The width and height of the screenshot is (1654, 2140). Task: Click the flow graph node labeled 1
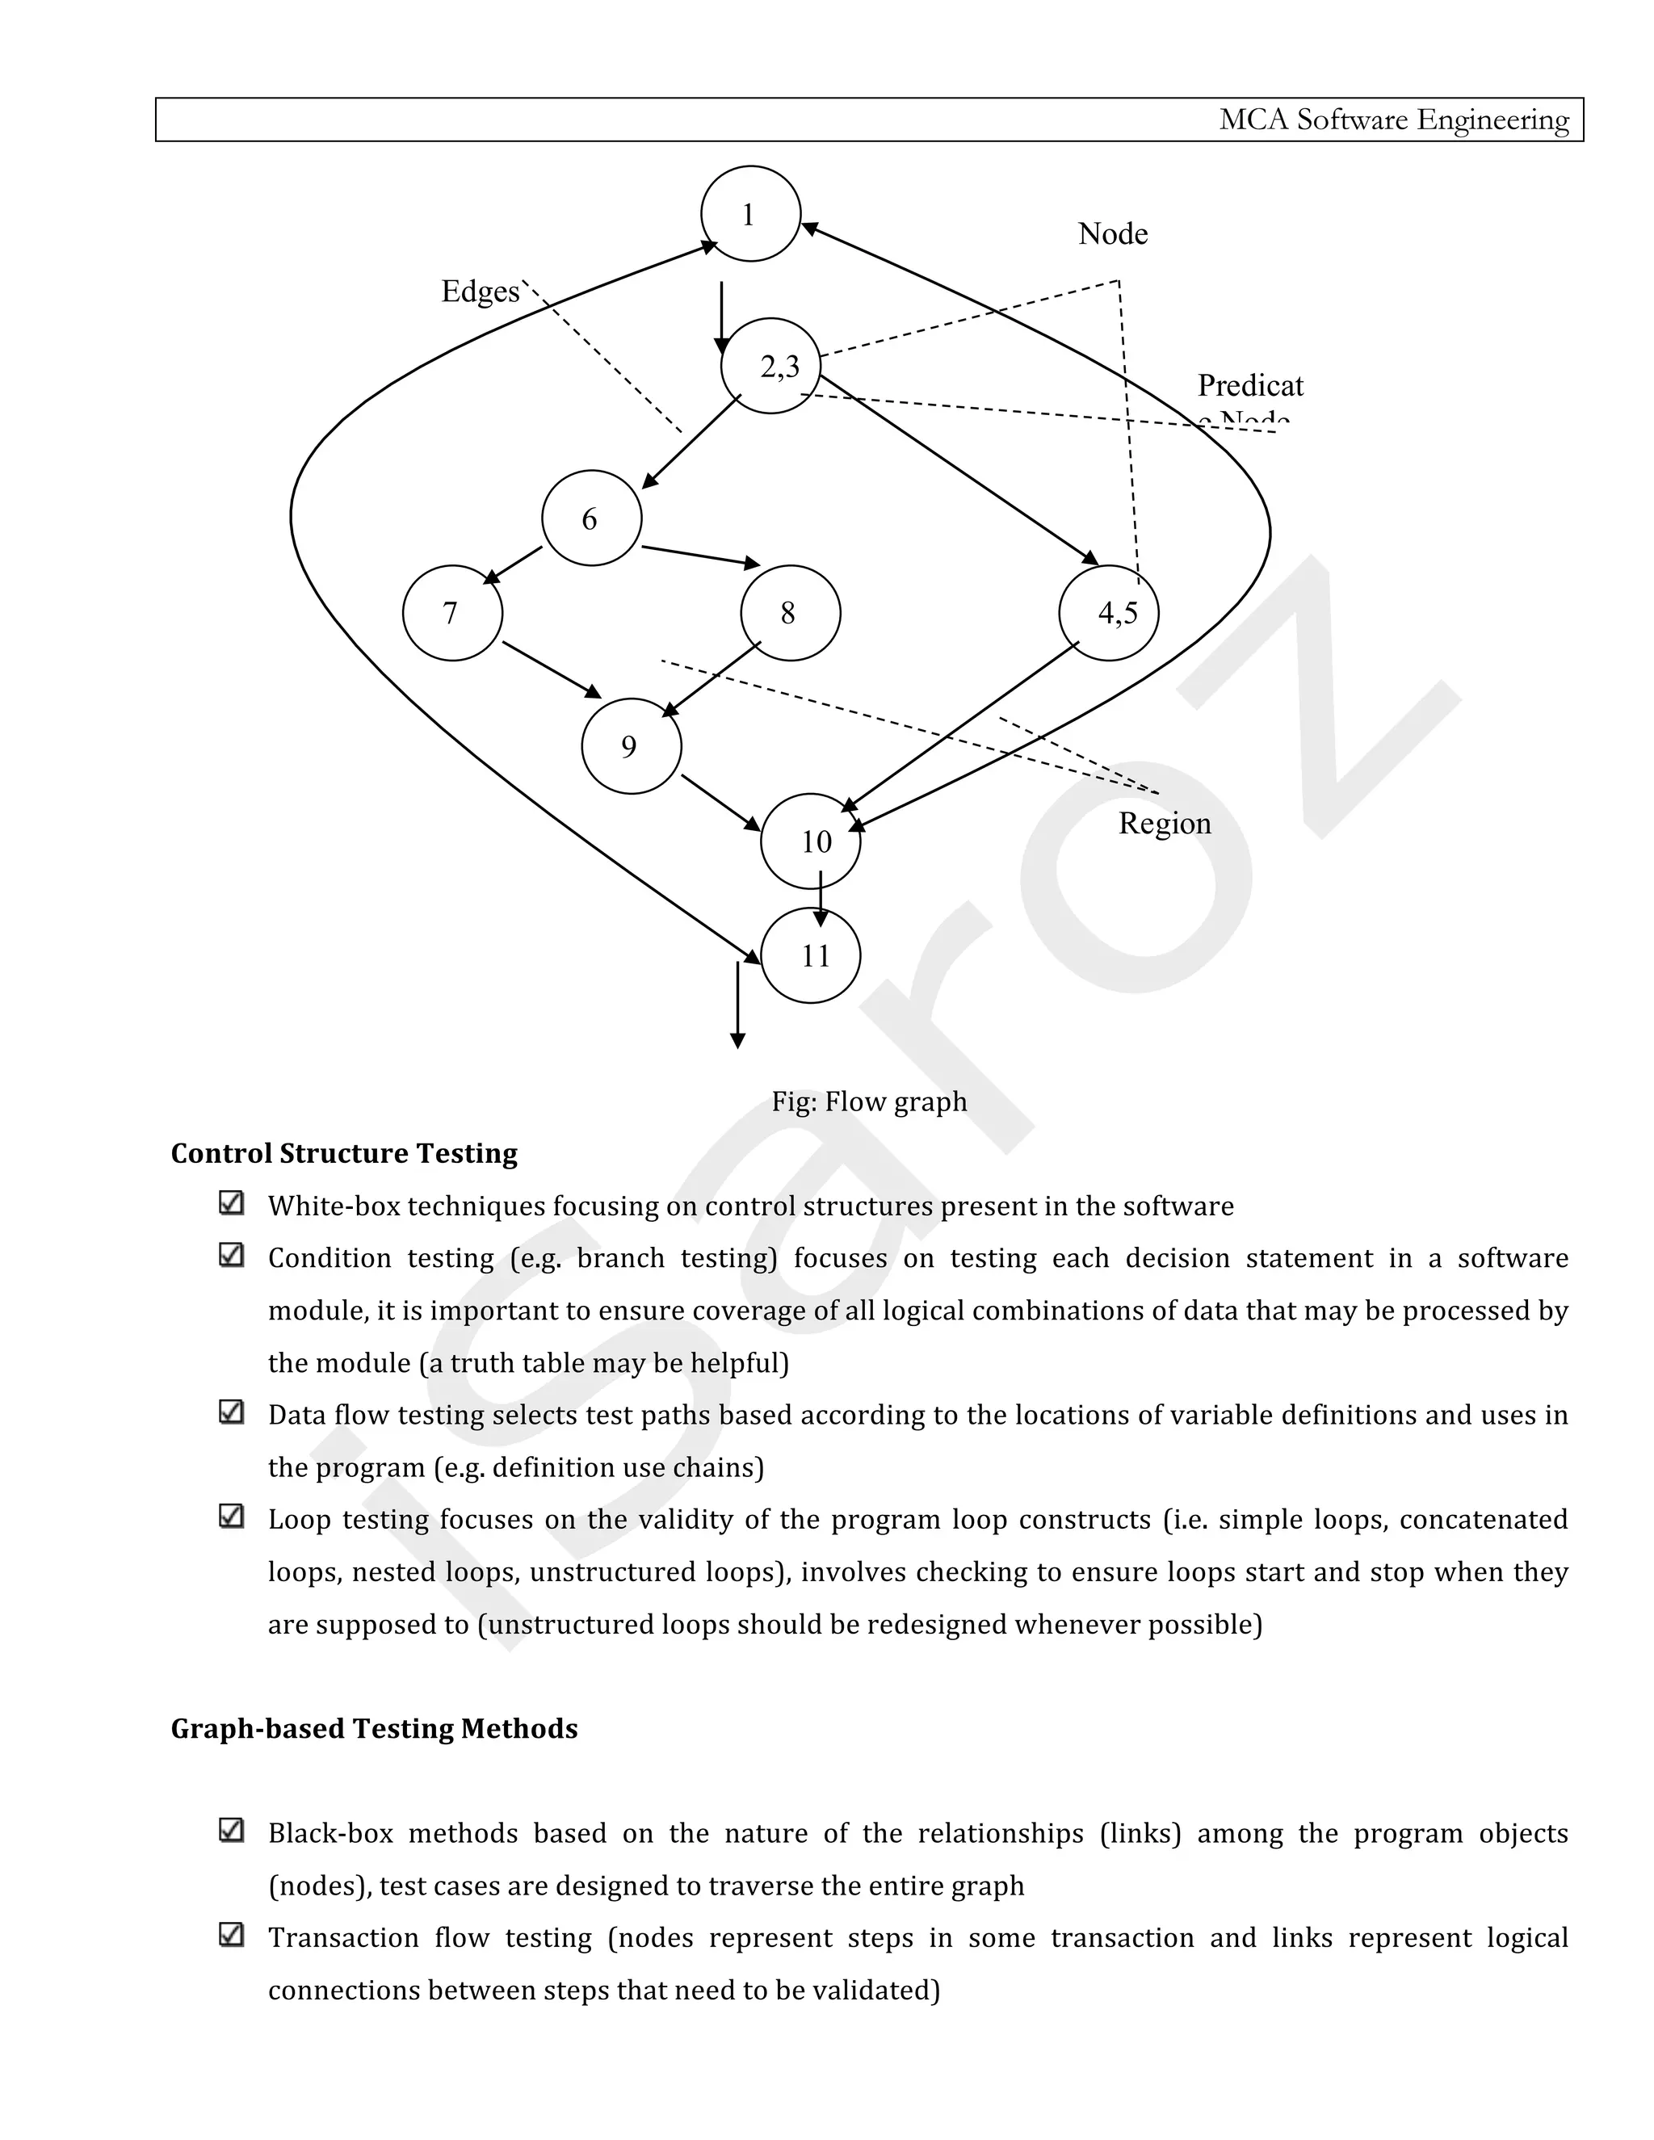(750, 214)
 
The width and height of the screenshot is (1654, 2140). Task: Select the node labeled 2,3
(771, 366)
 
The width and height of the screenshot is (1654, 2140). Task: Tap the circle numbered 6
(592, 518)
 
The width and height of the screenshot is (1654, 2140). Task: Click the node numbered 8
(791, 612)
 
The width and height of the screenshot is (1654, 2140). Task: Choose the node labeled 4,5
(1109, 612)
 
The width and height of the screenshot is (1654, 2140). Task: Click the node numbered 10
(812, 841)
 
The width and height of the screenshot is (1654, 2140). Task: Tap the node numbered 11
(812, 955)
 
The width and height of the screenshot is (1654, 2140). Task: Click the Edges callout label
(481, 291)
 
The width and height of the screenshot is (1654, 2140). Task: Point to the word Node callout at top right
(1113, 233)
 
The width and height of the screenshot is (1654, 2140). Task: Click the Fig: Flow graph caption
(869, 1101)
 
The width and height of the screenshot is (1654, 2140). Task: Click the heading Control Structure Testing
(344, 1153)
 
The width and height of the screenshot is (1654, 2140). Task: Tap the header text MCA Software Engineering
(1393, 120)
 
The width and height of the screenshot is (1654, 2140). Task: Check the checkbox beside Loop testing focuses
(231, 1516)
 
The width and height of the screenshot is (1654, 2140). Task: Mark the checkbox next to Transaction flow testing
(231, 1934)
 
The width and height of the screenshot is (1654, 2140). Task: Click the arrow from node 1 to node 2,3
(721, 317)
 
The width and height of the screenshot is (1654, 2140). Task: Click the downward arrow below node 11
(738, 1005)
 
